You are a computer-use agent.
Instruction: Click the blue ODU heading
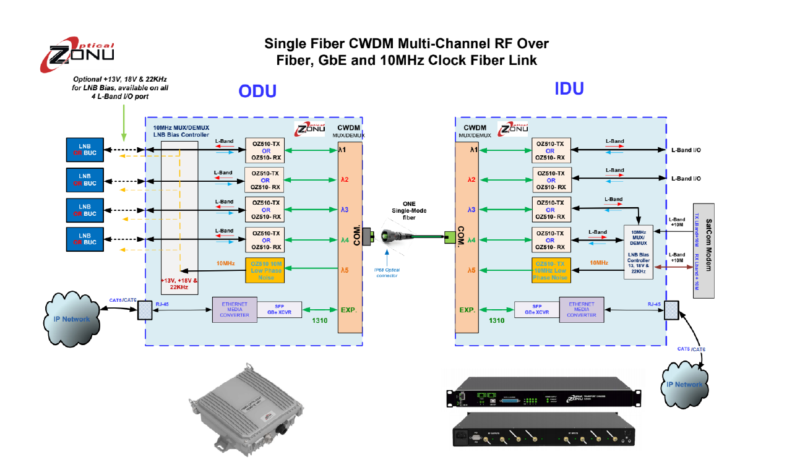(257, 92)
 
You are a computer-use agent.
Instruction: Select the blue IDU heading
(569, 88)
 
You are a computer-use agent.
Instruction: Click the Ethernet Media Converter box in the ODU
(235, 309)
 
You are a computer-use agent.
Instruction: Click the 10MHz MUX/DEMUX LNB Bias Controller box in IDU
(638, 252)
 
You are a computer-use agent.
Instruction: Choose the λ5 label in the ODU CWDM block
(345, 270)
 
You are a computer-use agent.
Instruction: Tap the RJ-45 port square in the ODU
(145, 309)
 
